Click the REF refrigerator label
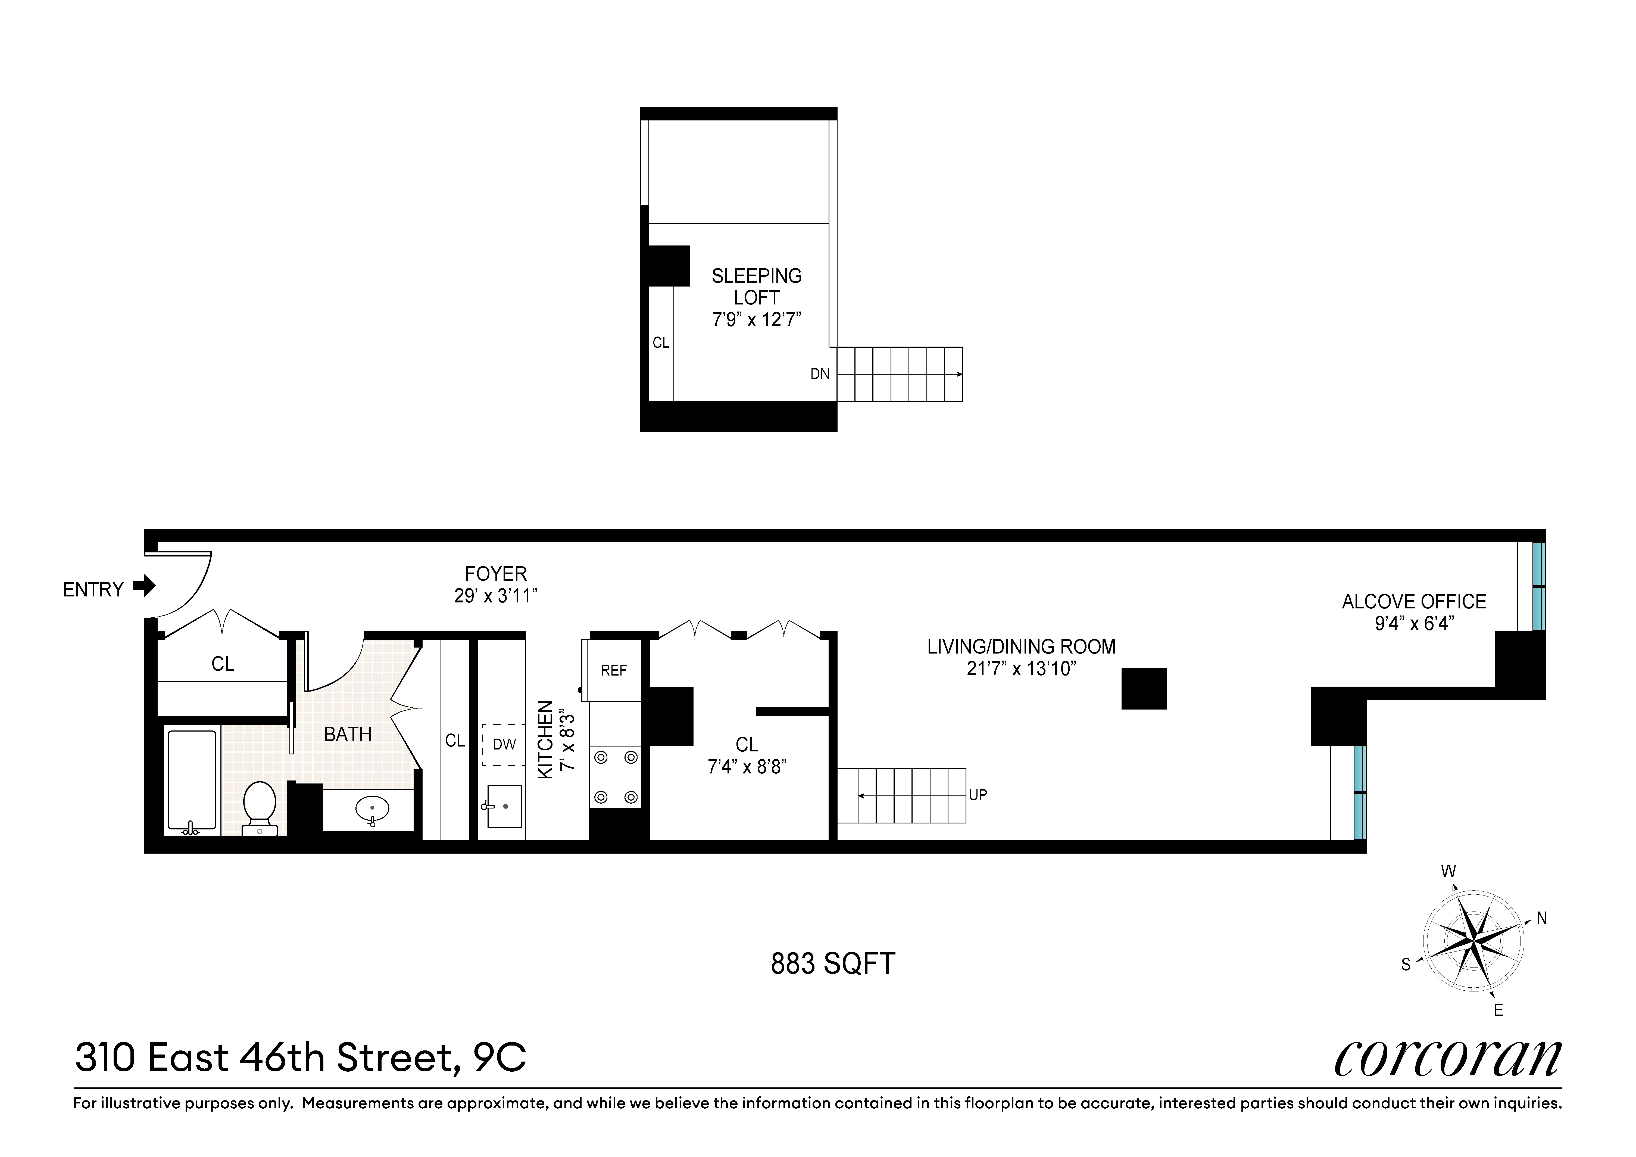click(x=614, y=671)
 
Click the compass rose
click(x=1473, y=941)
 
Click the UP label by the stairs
click(x=978, y=795)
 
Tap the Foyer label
click(x=495, y=574)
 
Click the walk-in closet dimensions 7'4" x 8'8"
click(x=746, y=767)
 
